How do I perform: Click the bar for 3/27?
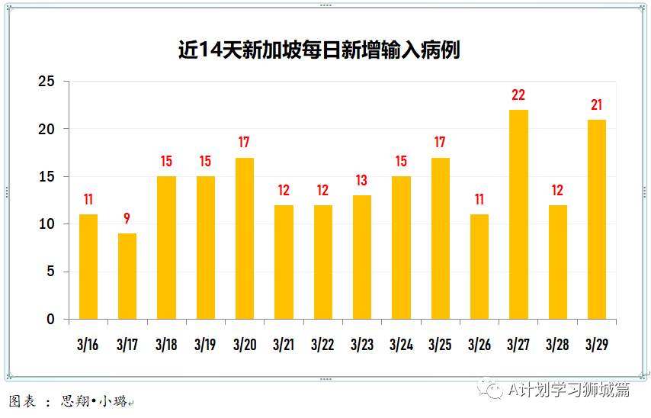[x=518, y=214]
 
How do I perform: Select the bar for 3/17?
[x=127, y=276]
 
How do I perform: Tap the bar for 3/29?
[x=597, y=219]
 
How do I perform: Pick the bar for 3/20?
[x=244, y=238]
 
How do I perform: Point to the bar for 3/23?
[x=362, y=257]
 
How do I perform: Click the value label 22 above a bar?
[x=518, y=95]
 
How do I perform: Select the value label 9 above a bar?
[x=127, y=219]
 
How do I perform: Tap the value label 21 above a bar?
[x=597, y=105]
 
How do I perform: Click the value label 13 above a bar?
[x=362, y=181]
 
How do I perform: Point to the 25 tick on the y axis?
[x=47, y=82]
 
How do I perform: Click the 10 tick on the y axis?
[x=47, y=224]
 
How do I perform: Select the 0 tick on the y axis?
[x=51, y=320]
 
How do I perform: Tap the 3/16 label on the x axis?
[x=88, y=344]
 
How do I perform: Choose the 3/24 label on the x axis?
[x=401, y=344]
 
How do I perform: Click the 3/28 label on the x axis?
[x=558, y=344]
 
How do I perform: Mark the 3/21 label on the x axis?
[x=284, y=344]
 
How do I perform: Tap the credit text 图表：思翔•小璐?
[x=68, y=401]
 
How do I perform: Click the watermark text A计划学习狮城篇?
[x=568, y=390]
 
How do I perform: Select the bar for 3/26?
[x=479, y=266]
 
